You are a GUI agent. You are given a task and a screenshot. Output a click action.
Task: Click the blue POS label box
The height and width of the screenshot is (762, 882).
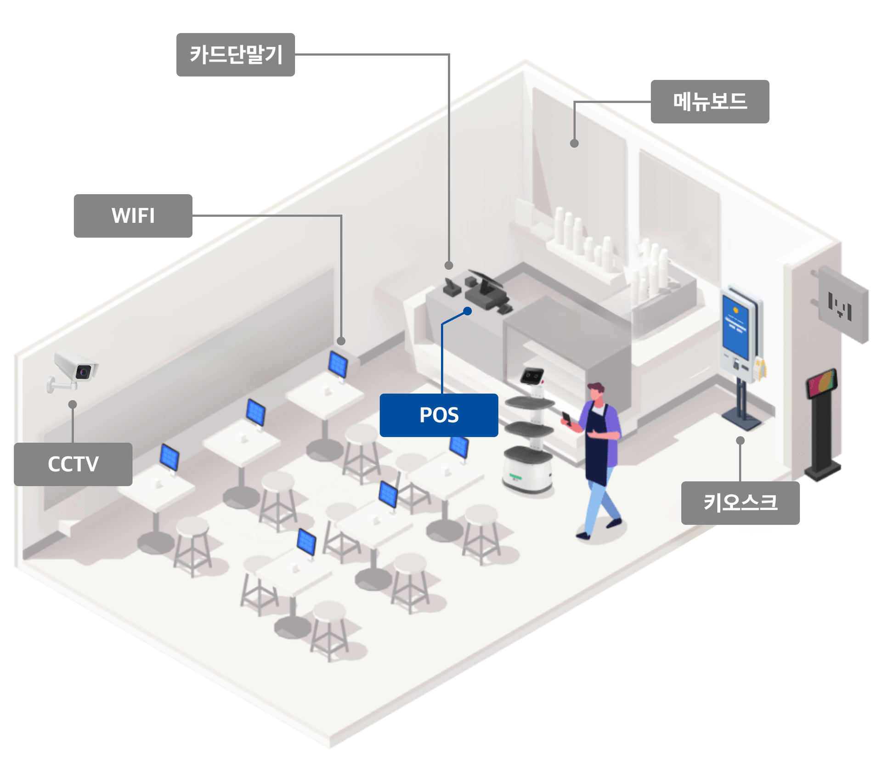[439, 415]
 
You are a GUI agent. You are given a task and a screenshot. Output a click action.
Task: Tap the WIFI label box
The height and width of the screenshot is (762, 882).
[133, 215]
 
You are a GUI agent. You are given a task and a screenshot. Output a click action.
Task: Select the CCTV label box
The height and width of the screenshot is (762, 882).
[73, 464]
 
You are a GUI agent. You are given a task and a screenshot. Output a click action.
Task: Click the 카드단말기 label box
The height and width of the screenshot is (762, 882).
[235, 54]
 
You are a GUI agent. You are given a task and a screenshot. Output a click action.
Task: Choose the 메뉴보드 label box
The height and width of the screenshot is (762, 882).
[710, 102]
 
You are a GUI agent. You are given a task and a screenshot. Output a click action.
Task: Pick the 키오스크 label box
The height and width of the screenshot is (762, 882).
[740, 502]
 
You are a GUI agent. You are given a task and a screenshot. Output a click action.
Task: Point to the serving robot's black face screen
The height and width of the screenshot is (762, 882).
[532, 375]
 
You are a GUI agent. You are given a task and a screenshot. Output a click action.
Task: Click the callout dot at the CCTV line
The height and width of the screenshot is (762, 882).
[73, 404]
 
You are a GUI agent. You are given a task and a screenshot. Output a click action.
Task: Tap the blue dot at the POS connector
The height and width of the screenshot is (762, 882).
[468, 311]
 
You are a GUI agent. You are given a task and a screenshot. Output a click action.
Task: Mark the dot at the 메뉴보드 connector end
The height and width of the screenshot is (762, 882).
[574, 143]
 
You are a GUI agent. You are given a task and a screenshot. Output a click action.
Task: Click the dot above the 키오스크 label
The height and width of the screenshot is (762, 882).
[740, 440]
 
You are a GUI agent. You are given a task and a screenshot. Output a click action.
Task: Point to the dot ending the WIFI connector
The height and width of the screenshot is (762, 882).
[341, 341]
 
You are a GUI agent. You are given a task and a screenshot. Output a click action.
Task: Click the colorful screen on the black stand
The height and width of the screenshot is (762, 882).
[822, 383]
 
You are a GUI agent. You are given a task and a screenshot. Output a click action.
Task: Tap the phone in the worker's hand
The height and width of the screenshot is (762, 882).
[567, 418]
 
